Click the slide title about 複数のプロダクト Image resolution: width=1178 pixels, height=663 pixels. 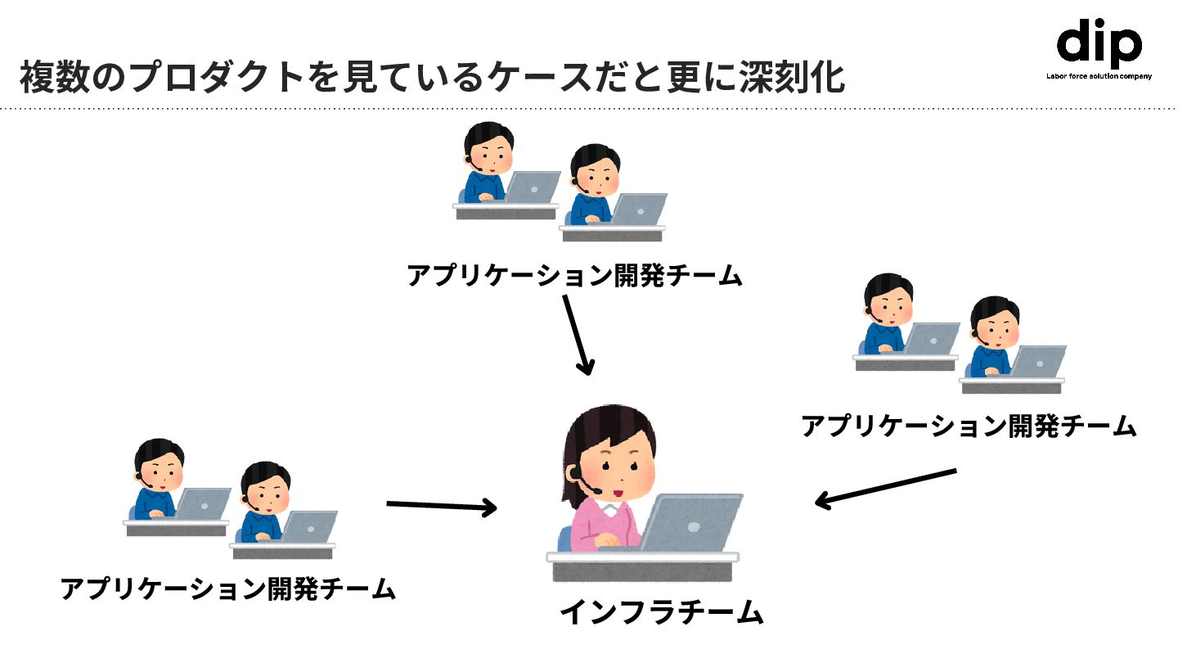pos(432,78)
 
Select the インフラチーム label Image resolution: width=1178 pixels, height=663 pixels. pos(661,612)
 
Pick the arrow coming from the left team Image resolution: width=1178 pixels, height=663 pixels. pos(442,506)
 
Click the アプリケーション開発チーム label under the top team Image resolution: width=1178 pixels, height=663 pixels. pos(574,276)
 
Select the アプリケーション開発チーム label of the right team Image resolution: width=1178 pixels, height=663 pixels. pos(969,426)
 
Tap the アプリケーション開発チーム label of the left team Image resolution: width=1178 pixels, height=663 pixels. pos(228,589)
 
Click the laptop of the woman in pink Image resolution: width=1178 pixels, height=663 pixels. pos(692,523)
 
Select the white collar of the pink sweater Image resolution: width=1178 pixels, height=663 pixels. pos(609,509)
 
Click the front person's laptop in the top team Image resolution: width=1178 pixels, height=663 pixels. pos(638,210)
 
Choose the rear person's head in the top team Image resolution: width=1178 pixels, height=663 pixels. pos(488,143)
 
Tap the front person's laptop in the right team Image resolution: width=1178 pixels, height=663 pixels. pos(1037,361)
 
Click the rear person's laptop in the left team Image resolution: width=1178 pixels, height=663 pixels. pos(203,503)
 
